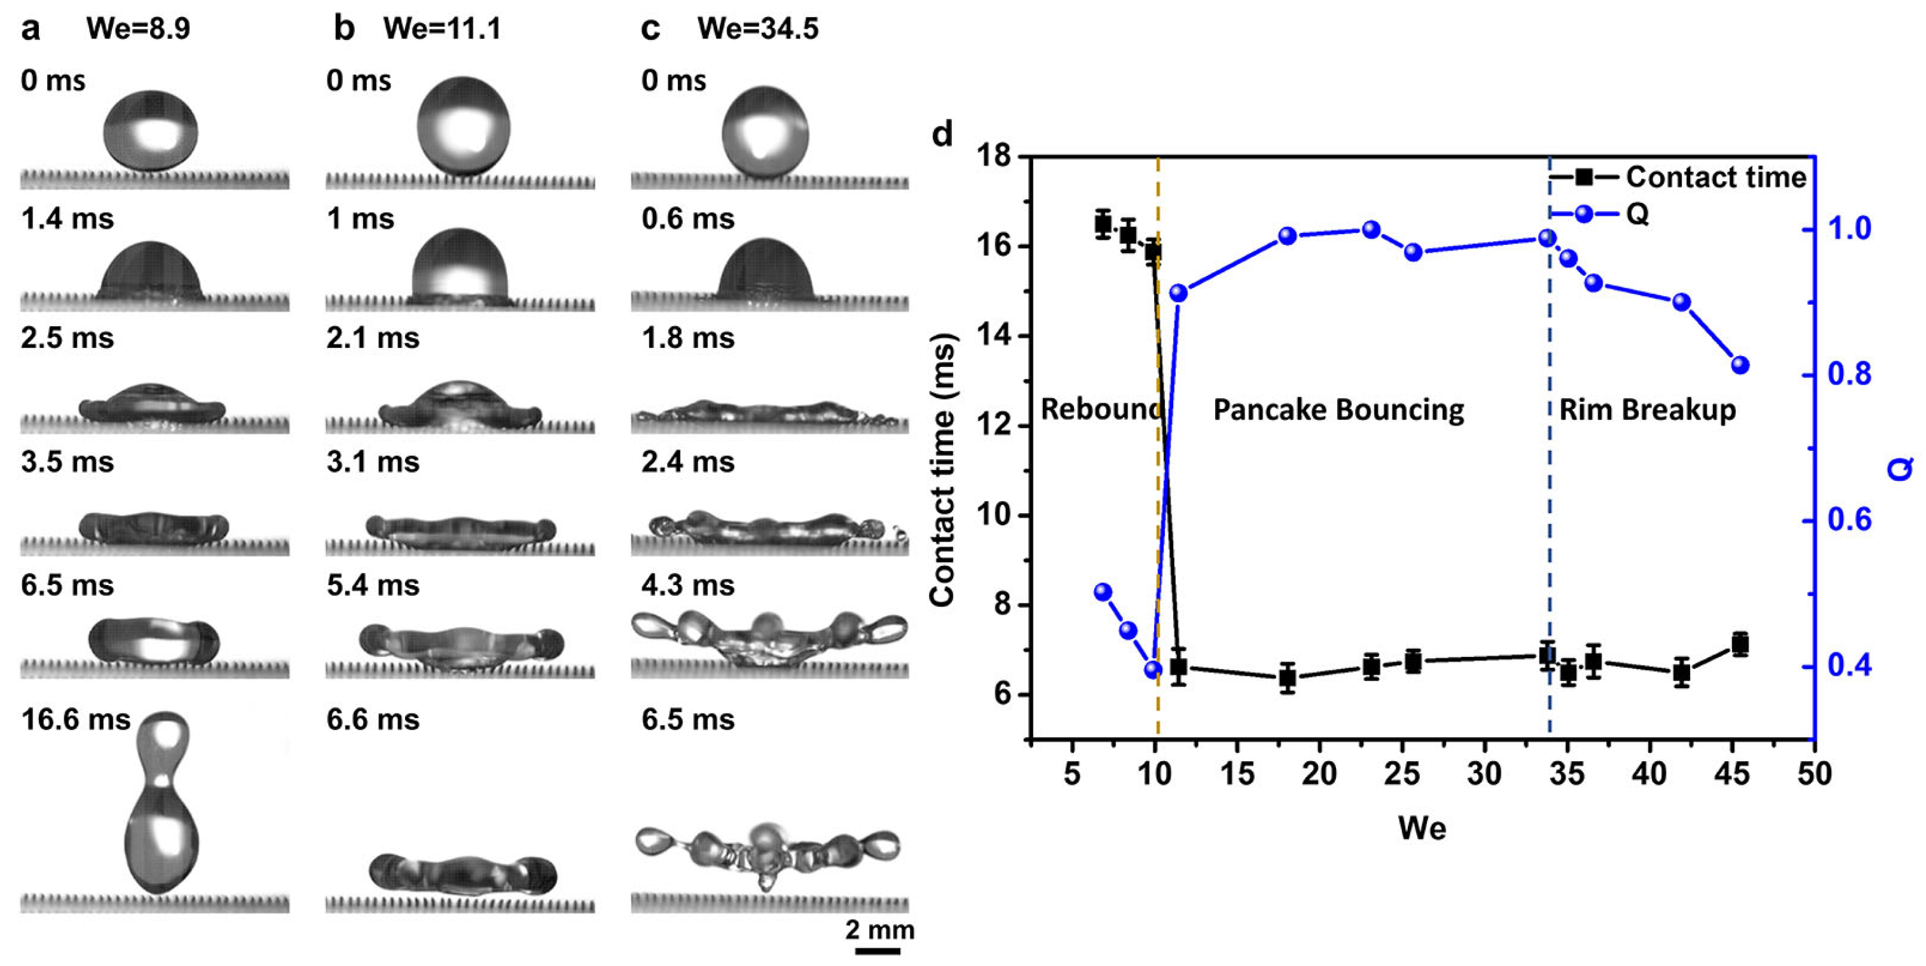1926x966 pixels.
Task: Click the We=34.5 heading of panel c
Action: coord(757,29)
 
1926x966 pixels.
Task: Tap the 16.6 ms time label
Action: coord(76,719)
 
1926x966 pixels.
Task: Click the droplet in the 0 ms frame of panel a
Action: coord(151,131)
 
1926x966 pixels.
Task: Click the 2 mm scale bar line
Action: coord(877,951)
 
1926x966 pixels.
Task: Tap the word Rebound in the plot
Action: coord(1099,410)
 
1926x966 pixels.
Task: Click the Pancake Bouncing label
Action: coord(1338,410)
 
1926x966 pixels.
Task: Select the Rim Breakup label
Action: coord(1647,410)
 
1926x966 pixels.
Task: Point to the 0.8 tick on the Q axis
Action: coord(1850,374)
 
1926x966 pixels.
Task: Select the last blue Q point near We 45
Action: coord(1740,365)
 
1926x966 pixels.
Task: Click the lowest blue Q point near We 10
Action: coord(1153,669)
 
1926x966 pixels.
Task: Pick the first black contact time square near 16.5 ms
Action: coord(1103,224)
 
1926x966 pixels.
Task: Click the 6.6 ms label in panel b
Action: coord(373,719)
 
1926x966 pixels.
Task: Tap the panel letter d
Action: coord(943,135)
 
